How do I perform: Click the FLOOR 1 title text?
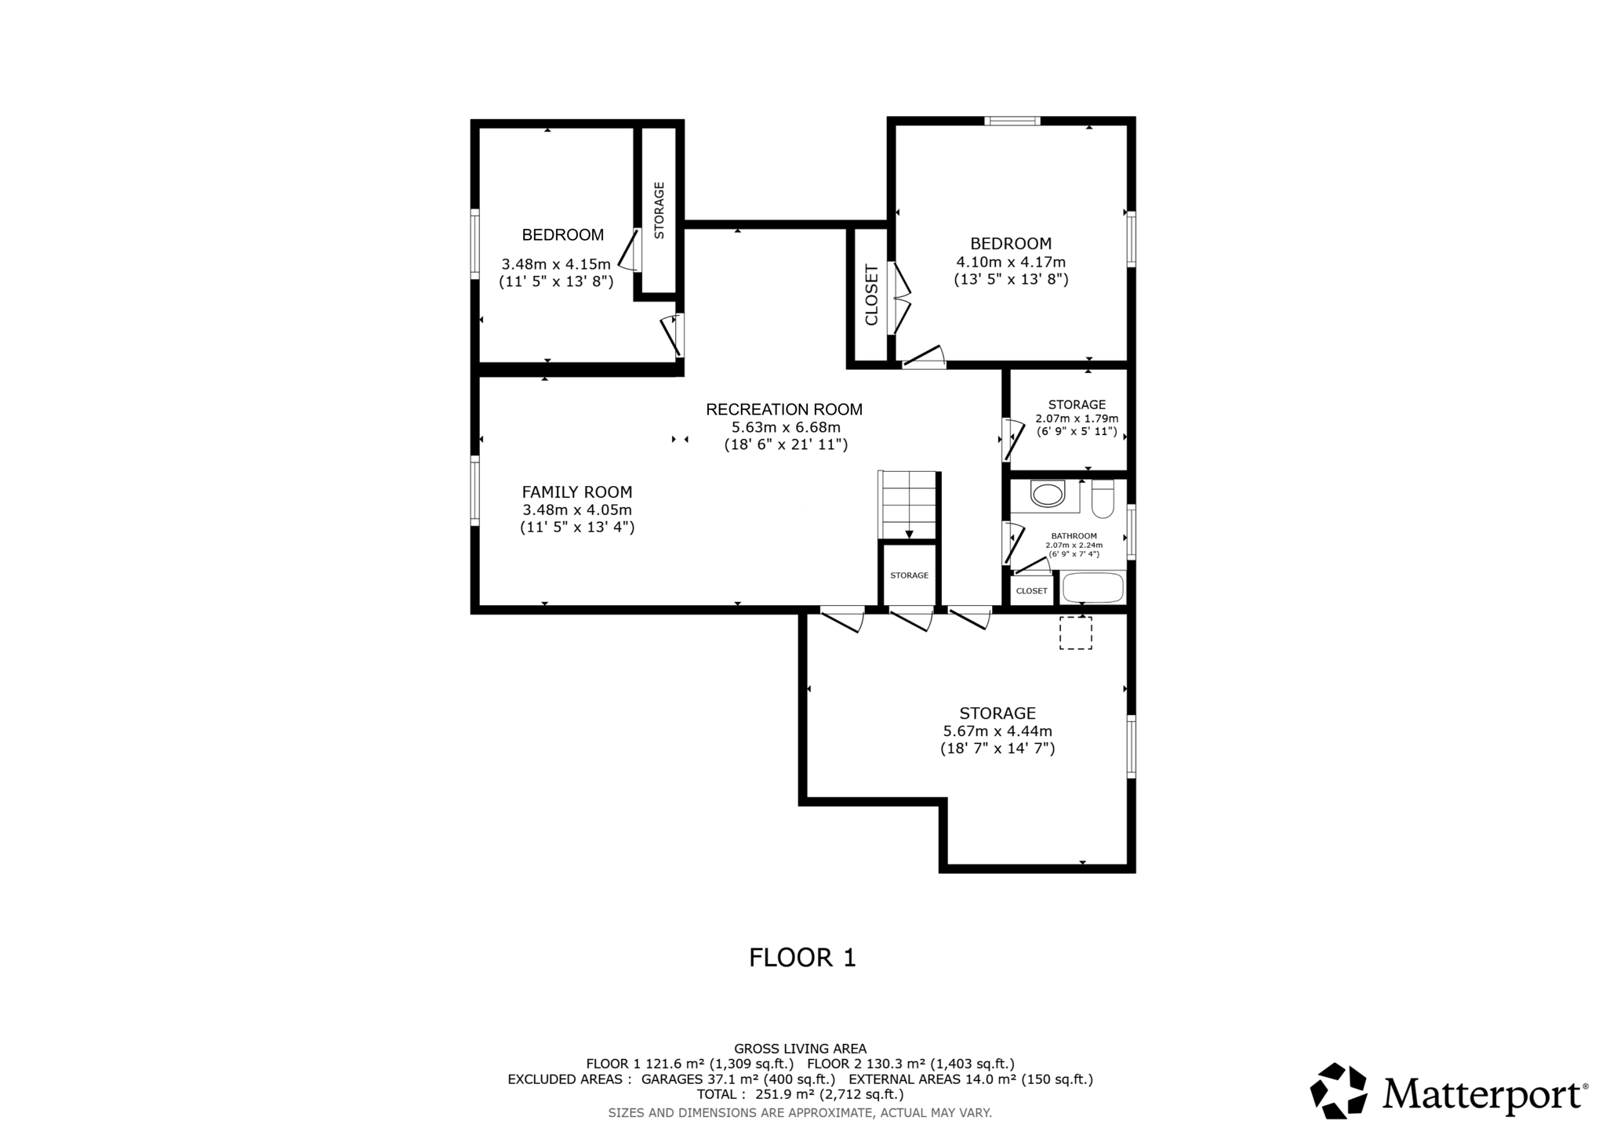click(x=802, y=958)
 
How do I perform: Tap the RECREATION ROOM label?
click(x=783, y=409)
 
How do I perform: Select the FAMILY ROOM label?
click(x=577, y=492)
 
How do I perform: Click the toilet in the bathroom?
click(x=1102, y=499)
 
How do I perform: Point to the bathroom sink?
click(x=1047, y=495)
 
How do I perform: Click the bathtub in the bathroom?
click(x=1092, y=587)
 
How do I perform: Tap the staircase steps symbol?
click(x=909, y=506)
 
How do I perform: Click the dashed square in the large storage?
click(x=1075, y=633)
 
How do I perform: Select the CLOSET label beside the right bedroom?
click(x=871, y=296)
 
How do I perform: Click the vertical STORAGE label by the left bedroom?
click(x=659, y=210)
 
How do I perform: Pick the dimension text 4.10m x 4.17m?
click(x=1011, y=262)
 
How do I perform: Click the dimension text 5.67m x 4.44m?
click(x=997, y=731)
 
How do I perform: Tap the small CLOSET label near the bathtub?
click(x=1031, y=591)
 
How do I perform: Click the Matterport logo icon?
click(x=1339, y=1090)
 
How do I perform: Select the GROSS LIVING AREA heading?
click(x=800, y=1049)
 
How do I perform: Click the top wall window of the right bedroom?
click(x=1012, y=121)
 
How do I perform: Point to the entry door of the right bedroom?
click(x=923, y=360)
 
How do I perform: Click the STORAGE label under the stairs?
click(x=909, y=575)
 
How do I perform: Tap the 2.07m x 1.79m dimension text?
click(x=1077, y=419)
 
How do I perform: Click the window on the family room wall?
click(x=475, y=490)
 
